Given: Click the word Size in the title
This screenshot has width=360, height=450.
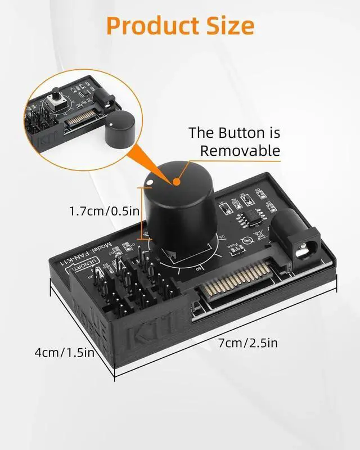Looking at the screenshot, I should pyautogui.click(x=229, y=25).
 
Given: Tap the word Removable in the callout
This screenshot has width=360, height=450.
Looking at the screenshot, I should pyautogui.click(x=240, y=150).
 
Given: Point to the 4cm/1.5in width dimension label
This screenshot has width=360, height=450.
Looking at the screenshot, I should pyautogui.click(x=63, y=353).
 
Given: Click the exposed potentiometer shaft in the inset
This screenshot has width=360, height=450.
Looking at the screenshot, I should pyautogui.click(x=57, y=96).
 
